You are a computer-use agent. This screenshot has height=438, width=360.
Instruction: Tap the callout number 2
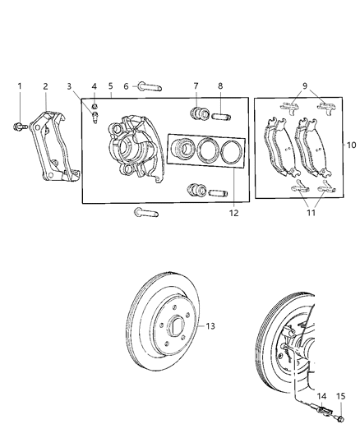click(45, 85)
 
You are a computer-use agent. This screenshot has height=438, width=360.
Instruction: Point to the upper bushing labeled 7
click(197, 112)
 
